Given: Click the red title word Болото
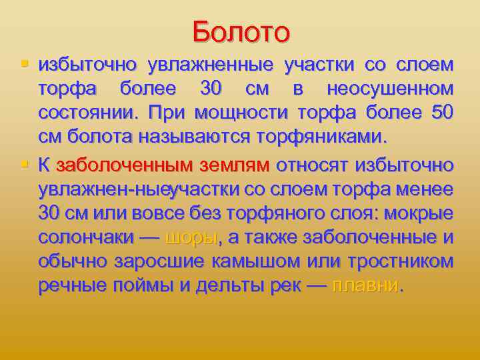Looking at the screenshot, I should (x=241, y=31).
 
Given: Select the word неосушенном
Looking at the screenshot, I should (x=390, y=89).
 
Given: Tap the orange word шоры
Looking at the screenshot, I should (x=191, y=238).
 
